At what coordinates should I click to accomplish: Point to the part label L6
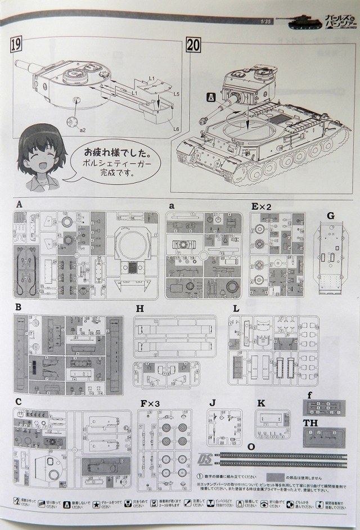point(175,129)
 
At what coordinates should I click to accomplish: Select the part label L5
point(176,93)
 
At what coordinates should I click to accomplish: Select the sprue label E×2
point(262,206)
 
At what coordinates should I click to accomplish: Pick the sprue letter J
point(211,403)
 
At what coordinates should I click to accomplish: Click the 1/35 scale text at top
point(266,22)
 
